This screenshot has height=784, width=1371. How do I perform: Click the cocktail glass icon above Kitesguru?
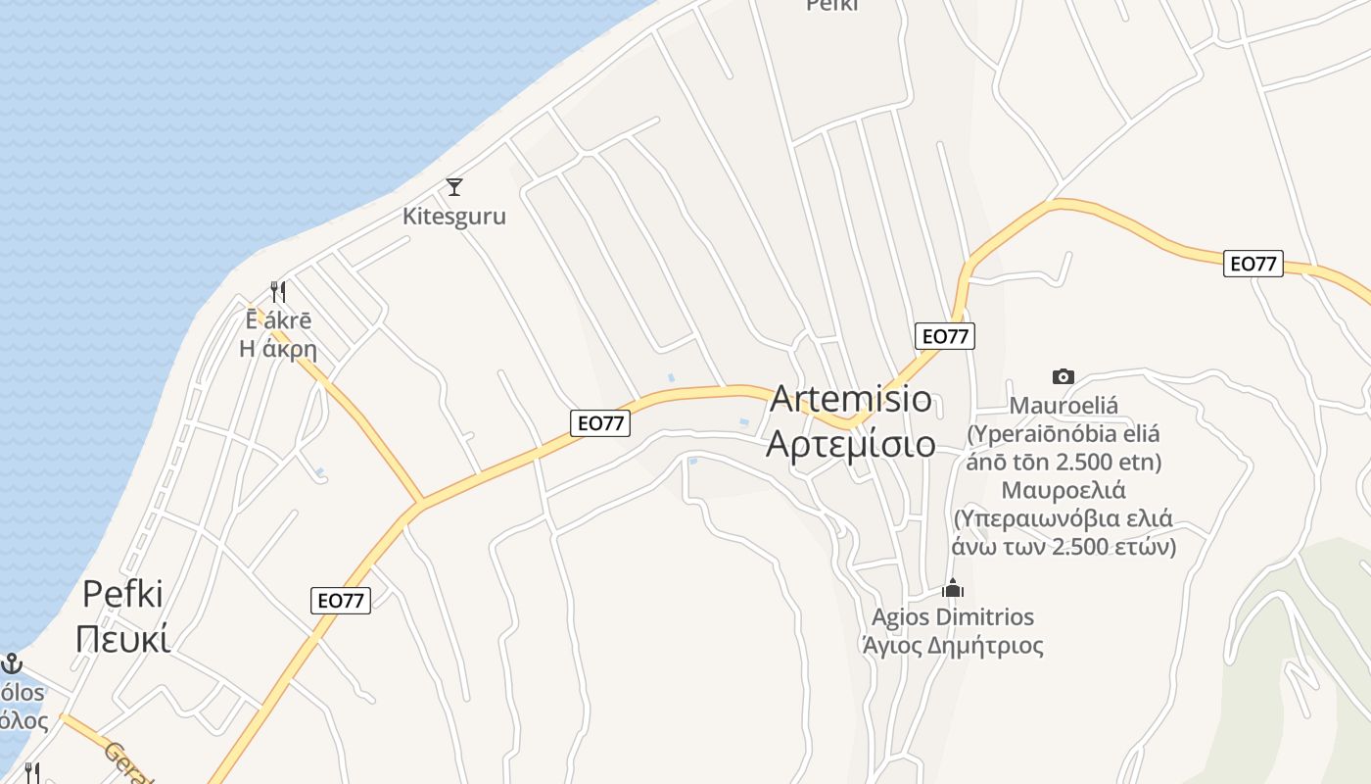point(453,186)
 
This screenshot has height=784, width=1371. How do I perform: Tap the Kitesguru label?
point(454,216)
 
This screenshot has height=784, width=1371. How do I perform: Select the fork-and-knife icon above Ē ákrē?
point(278,291)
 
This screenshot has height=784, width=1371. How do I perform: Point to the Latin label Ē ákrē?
point(278,320)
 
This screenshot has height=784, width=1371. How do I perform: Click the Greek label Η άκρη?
point(278,348)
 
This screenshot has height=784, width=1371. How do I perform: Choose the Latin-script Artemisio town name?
point(851,399)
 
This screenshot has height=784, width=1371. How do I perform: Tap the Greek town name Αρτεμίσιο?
point(851,443)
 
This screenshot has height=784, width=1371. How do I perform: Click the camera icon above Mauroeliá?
point(1063,376)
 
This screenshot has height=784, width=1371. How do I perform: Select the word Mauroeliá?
point(1064,405)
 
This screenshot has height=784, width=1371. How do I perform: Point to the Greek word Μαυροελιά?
point(1064,490)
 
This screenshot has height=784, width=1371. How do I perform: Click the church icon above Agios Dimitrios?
point(953,588)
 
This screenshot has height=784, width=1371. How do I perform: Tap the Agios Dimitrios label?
point(953,616)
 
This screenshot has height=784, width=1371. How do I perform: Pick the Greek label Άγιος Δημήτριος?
point(953,646)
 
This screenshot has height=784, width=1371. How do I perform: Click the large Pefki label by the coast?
point(122,594)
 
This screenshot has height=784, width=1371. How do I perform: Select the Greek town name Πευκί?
point(122,638)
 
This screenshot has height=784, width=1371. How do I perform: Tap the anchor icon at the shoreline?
point(11,663)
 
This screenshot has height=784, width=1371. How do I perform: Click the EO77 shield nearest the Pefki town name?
point(341,601)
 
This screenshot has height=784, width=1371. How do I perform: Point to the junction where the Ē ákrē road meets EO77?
point(420,504)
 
